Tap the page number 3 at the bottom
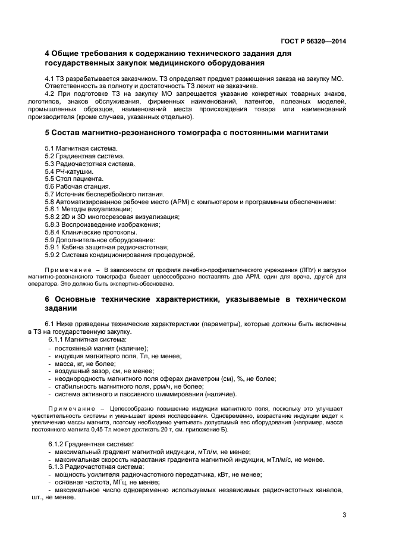point(344,515)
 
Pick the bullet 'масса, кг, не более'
point(85,363)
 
